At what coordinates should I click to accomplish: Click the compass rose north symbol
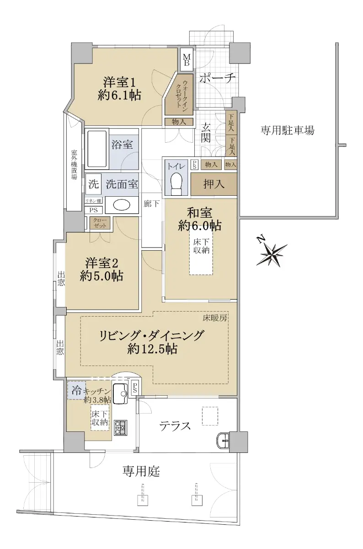[272, 254]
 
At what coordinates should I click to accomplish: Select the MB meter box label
[187, 59]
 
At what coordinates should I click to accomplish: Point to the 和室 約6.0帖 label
[200, 219]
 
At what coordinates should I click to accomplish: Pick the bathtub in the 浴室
[97, 149]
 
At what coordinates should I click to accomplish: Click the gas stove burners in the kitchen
[121, 428]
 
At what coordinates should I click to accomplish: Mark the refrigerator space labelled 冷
[77, 390]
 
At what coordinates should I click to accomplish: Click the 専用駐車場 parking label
[287, 130]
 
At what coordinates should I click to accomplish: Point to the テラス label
[175, 426]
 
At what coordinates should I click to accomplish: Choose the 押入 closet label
[214, 184]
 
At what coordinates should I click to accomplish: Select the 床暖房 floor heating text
[215, 318]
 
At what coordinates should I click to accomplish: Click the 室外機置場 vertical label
[74, 165]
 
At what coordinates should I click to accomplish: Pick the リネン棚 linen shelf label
[93, 201]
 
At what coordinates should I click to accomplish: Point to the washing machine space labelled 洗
[94, 184]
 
